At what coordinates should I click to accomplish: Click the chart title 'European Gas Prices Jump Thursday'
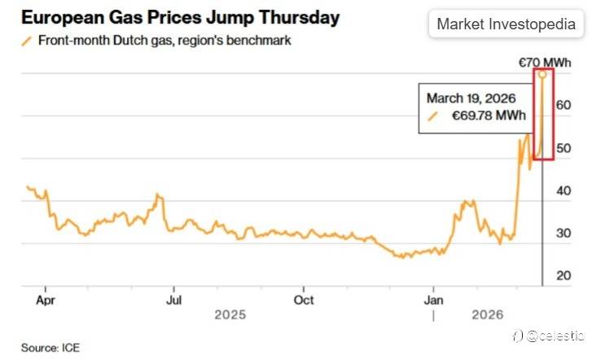pos(180,16)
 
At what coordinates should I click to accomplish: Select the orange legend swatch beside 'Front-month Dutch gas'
pos(28,40)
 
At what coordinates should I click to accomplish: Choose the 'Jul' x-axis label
pos(173,299)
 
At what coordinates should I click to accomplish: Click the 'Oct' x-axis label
pos(303,299)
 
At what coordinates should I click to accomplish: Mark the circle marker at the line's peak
pos(542,74)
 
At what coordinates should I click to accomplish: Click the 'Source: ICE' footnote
pos(50,348)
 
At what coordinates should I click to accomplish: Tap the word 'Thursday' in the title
pos(294,16)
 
